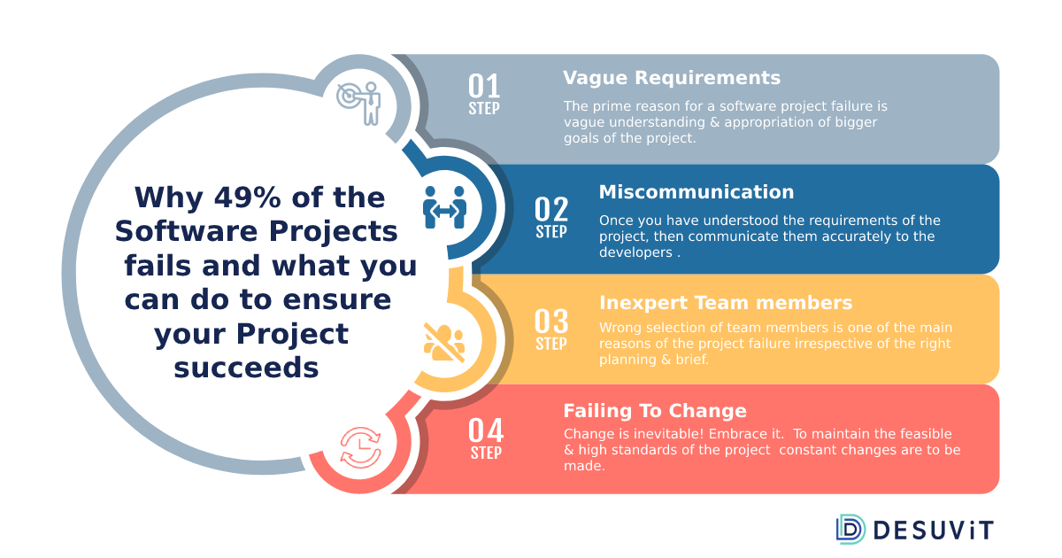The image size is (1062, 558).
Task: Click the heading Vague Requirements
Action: pos(672,78)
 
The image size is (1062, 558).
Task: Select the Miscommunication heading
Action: pos(696,192)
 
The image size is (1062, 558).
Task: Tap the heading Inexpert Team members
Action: pos(726,303)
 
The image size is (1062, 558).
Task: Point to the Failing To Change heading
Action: pos(655,411)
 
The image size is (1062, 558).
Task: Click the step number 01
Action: pos(484,86)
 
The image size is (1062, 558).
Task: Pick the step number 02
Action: pos(551,209)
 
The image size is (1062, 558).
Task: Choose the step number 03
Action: pos(551,322)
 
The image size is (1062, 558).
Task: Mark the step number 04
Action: pos(486,430)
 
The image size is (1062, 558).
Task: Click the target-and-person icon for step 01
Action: pos(359,103)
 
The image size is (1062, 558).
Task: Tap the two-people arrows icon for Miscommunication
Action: pos(444,207)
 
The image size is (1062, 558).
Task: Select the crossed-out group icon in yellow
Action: pos(444,342)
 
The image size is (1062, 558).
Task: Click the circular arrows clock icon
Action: pos(361,447)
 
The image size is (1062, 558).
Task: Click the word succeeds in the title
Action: pos(246,368)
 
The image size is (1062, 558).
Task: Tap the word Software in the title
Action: pos(187,231)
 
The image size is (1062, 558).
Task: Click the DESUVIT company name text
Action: pos(933,531)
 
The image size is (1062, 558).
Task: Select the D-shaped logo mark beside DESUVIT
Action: pos(850,529)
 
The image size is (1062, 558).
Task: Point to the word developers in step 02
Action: pos(635,252)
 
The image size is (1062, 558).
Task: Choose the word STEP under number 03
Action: pos(551,344)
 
